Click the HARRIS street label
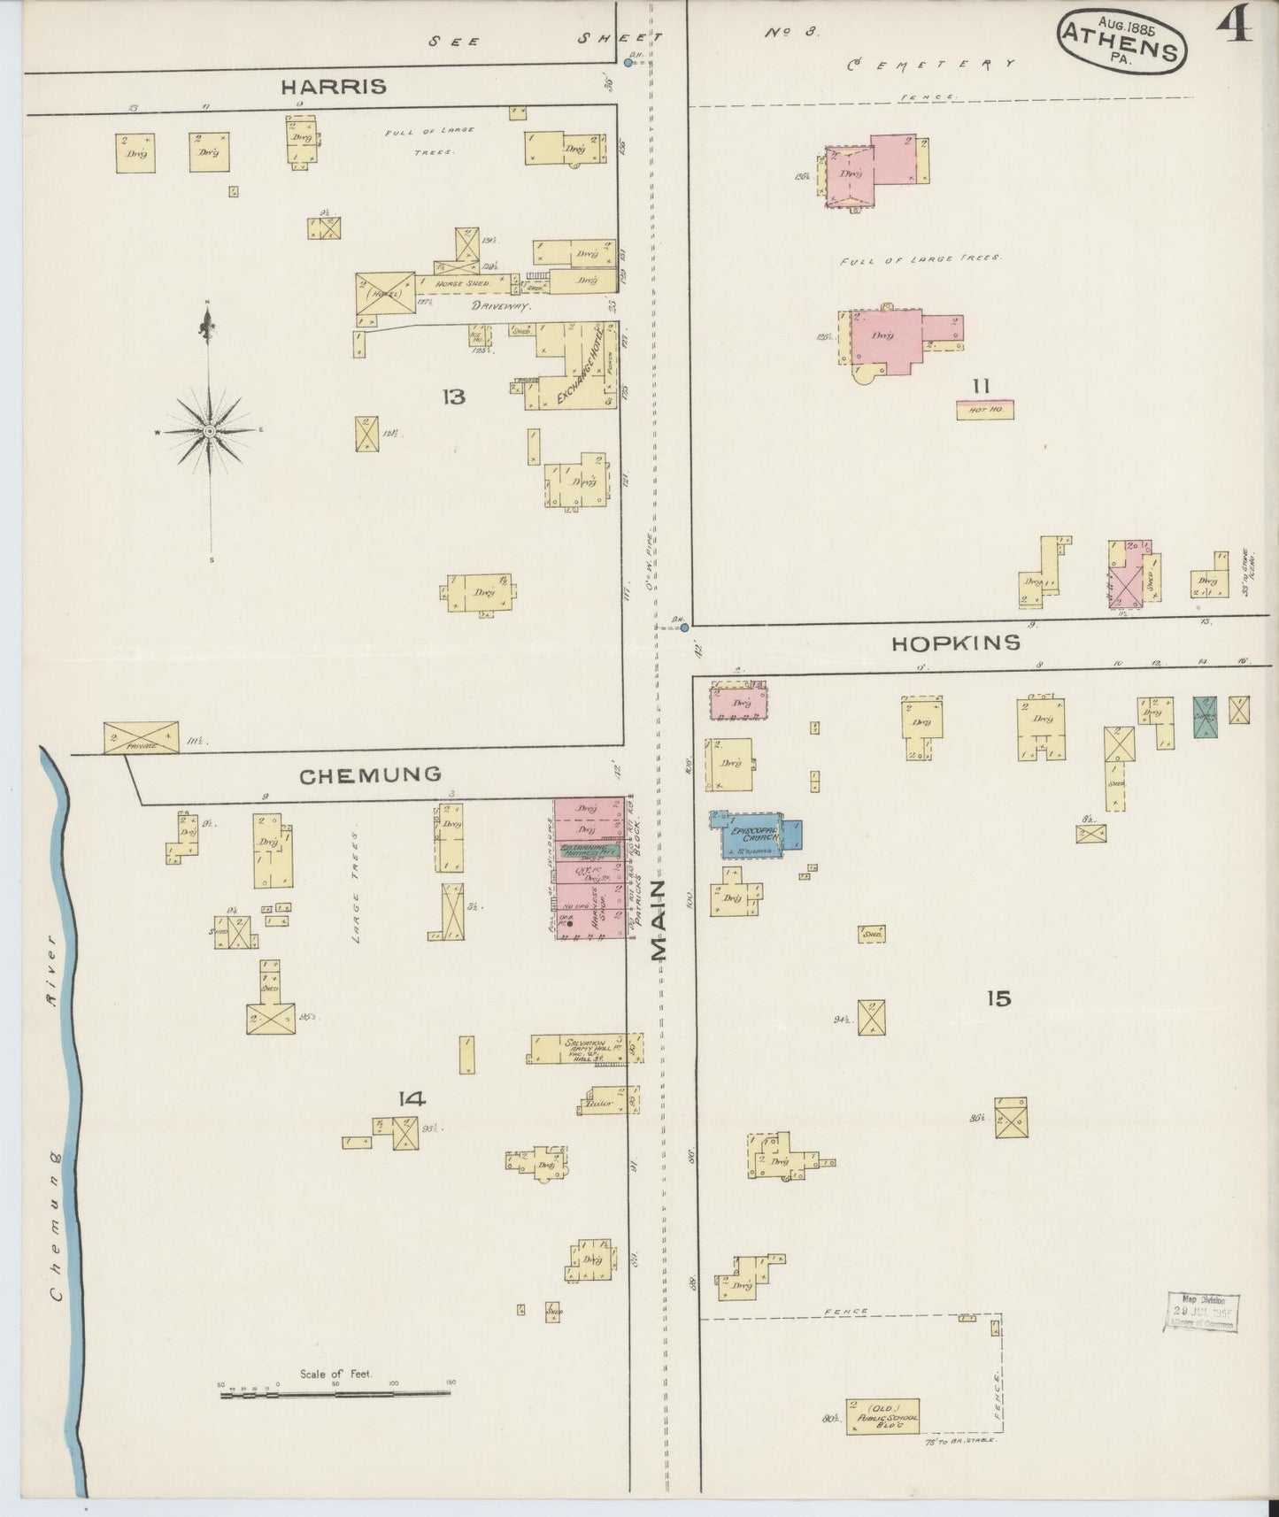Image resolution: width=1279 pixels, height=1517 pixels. [x=334, y=87]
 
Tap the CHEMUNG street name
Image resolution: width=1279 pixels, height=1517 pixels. [x=370, y=775]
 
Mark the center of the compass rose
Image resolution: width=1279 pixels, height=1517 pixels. [x=210, y=431]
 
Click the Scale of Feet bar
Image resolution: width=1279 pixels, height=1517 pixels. [x=336, y=1395]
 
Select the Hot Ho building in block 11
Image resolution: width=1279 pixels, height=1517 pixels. [x=984, y=410]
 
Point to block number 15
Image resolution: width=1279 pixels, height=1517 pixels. [x=998, y=998]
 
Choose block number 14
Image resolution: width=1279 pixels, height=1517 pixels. [x=412, y=1098]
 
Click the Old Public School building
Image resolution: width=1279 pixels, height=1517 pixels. [x=882, y=1416]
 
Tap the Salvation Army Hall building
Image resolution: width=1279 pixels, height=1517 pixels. [x=584, y=1049]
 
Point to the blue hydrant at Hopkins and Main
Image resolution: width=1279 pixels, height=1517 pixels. [x=684, y=628]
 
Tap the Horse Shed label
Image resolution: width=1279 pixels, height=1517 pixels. [x=461, y=283]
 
